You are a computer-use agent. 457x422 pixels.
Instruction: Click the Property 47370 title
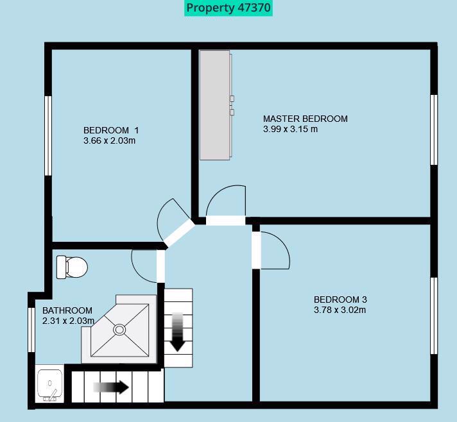click(x=229, y=8)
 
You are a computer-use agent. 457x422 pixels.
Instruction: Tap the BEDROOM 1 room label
click(x=110, y=130)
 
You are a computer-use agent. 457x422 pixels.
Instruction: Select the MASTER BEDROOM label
click(x=305, y=119)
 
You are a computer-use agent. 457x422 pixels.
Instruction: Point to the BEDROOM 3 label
click(x=340, y=300)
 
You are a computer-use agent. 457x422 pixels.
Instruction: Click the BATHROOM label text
click(x=67, y=310)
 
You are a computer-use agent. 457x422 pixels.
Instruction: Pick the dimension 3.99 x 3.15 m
click(x=290, y=129)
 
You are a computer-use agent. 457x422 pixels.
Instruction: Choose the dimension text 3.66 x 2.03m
click(x=109, y=140)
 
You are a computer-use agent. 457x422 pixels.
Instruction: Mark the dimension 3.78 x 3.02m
click(x=340, y=310)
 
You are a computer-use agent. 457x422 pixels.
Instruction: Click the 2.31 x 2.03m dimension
click(x=68, y=321)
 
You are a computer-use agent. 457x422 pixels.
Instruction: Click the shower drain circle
click(x=119, y=330)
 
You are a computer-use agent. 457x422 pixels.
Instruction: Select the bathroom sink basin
click(x=50, y=384)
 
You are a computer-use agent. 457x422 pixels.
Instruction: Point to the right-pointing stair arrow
click(x=111, y=387)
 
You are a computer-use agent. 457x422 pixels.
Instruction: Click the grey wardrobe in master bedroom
click(x=214, y=105)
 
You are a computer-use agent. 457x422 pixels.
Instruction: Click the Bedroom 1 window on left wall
click(x=47, y=135)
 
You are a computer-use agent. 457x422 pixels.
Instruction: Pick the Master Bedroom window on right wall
click(x=434, y=130)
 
